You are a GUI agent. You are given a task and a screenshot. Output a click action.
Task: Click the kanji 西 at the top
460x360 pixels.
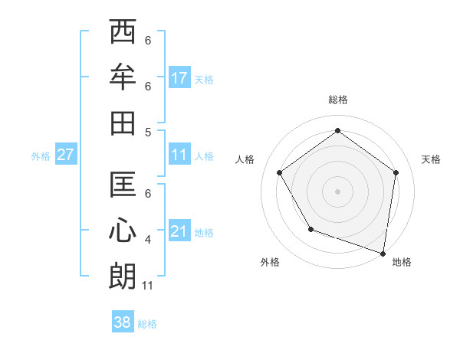[123, 33]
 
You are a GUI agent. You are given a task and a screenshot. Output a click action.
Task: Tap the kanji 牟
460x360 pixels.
[123, 77]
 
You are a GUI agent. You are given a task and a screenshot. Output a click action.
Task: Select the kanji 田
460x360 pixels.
[123, 123]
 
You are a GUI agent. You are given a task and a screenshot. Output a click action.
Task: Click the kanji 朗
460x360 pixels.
[123, 275]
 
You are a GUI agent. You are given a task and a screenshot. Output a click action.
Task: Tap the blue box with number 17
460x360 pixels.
[179, 78]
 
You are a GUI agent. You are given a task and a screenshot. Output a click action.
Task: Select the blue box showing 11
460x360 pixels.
[179, 155]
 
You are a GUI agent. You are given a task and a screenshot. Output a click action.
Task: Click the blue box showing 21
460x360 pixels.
[179, 231]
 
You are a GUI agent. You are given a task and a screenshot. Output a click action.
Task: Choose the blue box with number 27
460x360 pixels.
[65, 155]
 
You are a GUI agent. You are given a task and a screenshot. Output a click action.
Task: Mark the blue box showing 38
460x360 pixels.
[123, 322]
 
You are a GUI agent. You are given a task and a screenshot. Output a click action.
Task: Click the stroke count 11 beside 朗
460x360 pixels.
[148, 286]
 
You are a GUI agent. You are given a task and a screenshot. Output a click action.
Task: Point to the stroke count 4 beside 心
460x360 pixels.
[148, 240]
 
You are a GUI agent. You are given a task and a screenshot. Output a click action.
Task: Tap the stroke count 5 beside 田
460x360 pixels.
[148, 131]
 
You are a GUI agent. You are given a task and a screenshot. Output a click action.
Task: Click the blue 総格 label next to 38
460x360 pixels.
[147, 324]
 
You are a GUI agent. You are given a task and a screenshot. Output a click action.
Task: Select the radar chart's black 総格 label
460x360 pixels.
[337, 100]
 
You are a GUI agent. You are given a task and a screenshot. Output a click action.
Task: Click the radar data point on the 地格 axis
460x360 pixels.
[383, 253]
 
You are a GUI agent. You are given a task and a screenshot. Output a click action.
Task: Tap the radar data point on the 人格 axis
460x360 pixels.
[279, 172]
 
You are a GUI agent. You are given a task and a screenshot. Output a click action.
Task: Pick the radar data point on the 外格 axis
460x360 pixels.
[310, 228]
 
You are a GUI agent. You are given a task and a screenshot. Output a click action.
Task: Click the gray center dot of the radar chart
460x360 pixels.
[337, 191]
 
